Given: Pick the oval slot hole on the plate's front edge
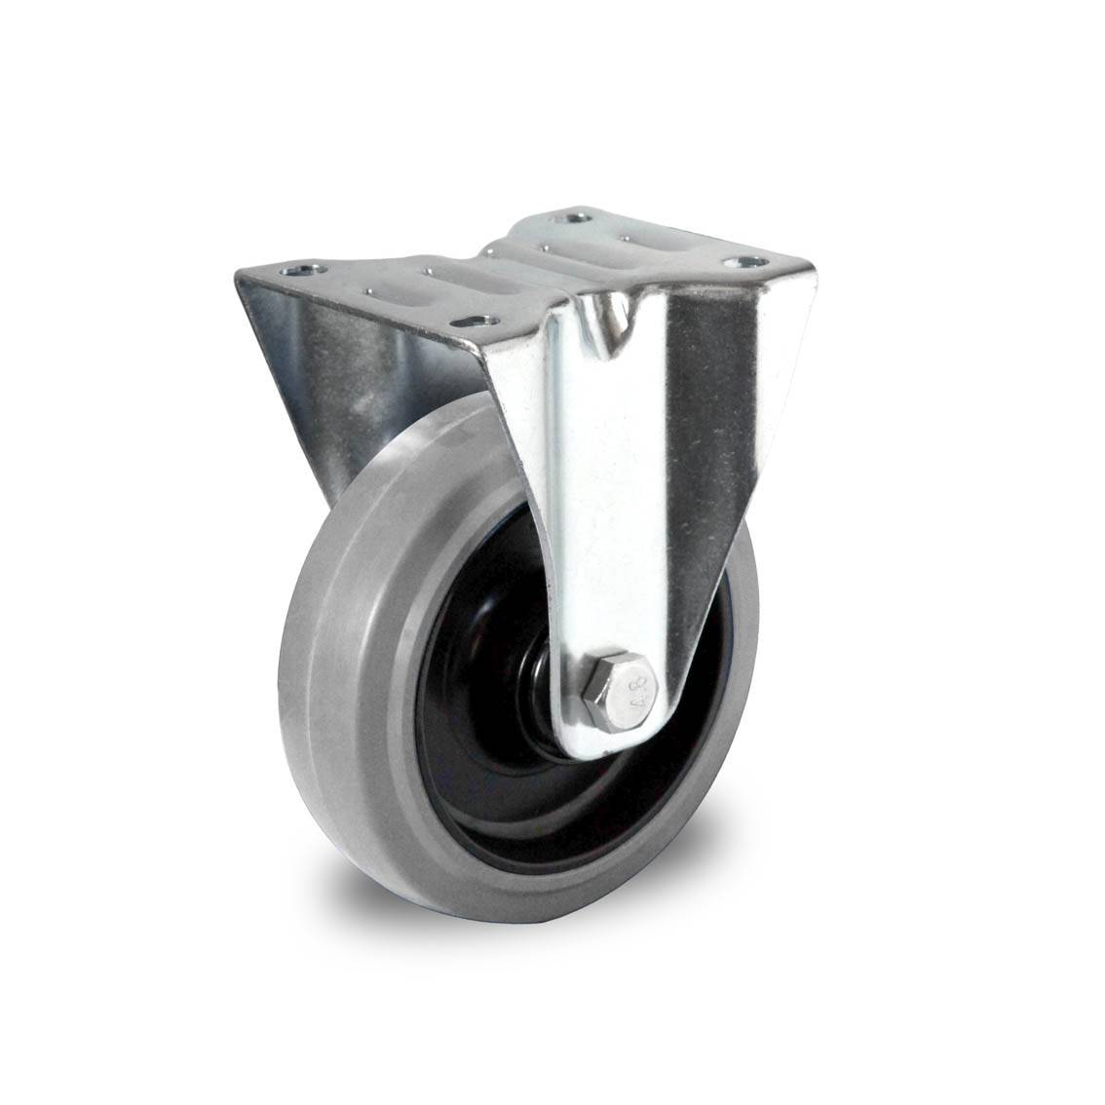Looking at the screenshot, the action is (476, 324).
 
